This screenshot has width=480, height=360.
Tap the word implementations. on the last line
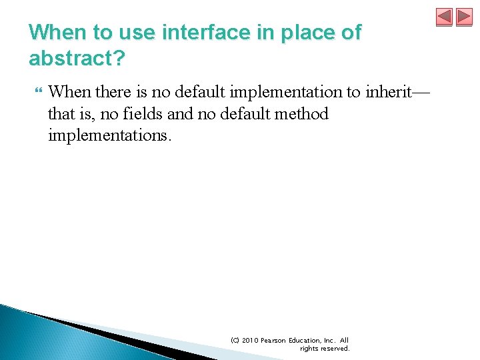pyautogui.click(x=110, y=136)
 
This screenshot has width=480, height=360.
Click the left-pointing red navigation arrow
pyautogui.click(x=444, y=17)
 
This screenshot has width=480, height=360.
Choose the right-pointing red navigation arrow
pyautogui.click(x=464, y=17)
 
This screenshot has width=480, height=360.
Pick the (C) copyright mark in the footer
pyautogui.click(x=235, y=341)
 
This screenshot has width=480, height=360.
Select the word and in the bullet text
pyautogui.click(x=179, y=114)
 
